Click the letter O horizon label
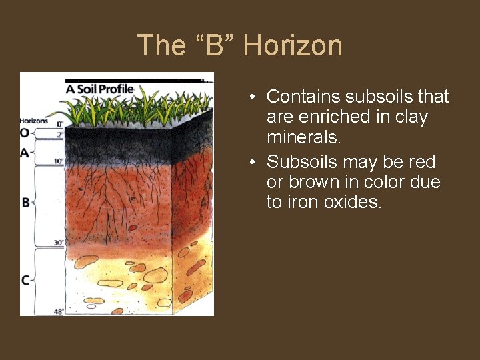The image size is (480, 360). pos(25,133)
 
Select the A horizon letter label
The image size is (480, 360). pos(25,153)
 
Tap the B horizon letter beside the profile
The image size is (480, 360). pos(25,202)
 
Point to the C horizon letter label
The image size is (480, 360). pos(25,280)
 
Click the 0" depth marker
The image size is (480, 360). pos(59,124)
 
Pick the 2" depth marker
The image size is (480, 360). pos(59,134)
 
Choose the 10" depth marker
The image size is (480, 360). pos(59,161)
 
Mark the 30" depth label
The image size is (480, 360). pos(59,243)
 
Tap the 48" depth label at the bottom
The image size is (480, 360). pos(59,311)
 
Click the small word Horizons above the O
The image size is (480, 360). pos(33,121)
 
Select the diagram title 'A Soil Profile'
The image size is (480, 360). pos(99,88)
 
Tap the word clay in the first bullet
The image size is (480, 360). pos(412,117)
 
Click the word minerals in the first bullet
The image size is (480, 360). pos(303,137)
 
